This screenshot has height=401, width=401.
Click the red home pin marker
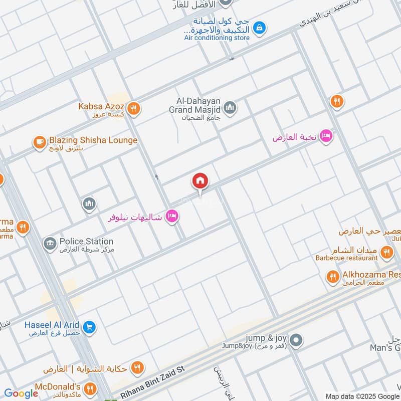tap(200, 181)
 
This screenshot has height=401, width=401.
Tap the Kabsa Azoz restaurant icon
tap(133, 107)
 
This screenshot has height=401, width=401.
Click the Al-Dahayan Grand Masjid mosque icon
tap(230, 107)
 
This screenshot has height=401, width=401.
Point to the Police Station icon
tap(50, 244)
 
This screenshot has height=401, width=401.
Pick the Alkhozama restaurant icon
tap(332, 276)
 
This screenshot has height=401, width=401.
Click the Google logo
tap(21, 394)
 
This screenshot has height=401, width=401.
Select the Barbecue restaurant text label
tap(346, 258)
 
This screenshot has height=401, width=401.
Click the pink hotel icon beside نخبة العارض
tap(326, 136)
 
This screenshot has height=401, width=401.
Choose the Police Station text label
tap(86, 242)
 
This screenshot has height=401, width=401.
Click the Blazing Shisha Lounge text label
tap(93, 140)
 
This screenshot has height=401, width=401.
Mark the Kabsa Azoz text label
tap(101, 106)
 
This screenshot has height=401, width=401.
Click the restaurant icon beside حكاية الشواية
tap(136, 369)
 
